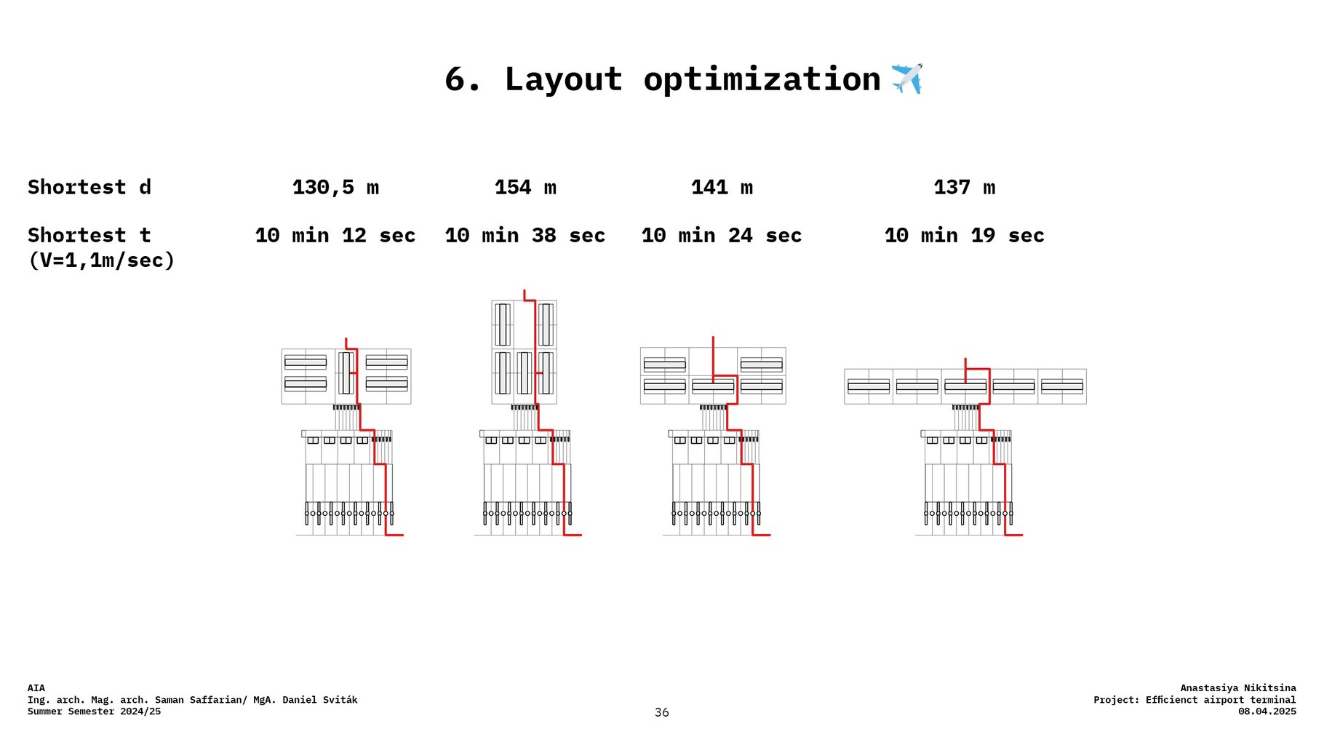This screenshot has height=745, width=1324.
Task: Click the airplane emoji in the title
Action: (x=906, y=79)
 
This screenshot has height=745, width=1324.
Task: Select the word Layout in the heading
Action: (x=563, y=79)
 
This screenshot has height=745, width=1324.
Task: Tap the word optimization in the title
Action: (x=762, y=79)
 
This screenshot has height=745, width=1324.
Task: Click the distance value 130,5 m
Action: (x=335, y=188)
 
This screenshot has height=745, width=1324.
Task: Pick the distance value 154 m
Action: (x=525, y=188)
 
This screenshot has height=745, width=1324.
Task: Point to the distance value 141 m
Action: (x=722, y=188)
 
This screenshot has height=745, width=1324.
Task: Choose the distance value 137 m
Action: (x=964, y=188)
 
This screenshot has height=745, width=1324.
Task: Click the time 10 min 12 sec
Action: (x=335, y=236)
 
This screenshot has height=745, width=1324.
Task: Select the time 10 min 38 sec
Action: (x=525, y=236)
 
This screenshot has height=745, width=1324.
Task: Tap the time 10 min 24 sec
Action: (x=722, y=236)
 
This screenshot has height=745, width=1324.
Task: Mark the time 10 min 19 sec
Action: (x=964, y=236)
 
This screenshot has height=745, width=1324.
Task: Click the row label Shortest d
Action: (x=89, y=188)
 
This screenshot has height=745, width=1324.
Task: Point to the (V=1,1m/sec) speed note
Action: (x=102, y=260)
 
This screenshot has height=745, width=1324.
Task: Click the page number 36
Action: (x=661, y=712)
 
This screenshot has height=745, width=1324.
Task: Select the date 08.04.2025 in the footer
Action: (x=1267, y=712)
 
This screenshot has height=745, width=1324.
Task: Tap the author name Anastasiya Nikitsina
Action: (x=1237, y=688)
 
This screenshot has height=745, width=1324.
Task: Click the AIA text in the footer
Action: (x=36, y=688)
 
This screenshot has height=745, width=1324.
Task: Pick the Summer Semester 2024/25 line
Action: (x=94, y=712)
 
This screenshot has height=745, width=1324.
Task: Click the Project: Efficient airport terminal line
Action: (x=1195, y=700)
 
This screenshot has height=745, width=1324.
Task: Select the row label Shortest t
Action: (x=89, y=236)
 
